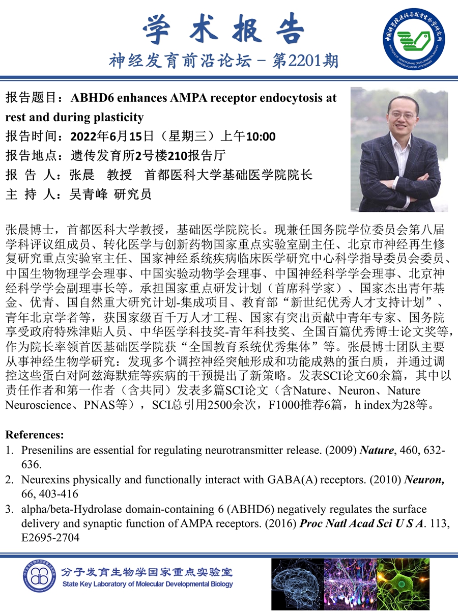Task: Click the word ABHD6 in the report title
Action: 91,98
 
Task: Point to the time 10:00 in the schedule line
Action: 261,136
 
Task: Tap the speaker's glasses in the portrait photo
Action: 400,115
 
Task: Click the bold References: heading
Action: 35,435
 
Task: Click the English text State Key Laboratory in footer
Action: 102,584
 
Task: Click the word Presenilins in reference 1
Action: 45,451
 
